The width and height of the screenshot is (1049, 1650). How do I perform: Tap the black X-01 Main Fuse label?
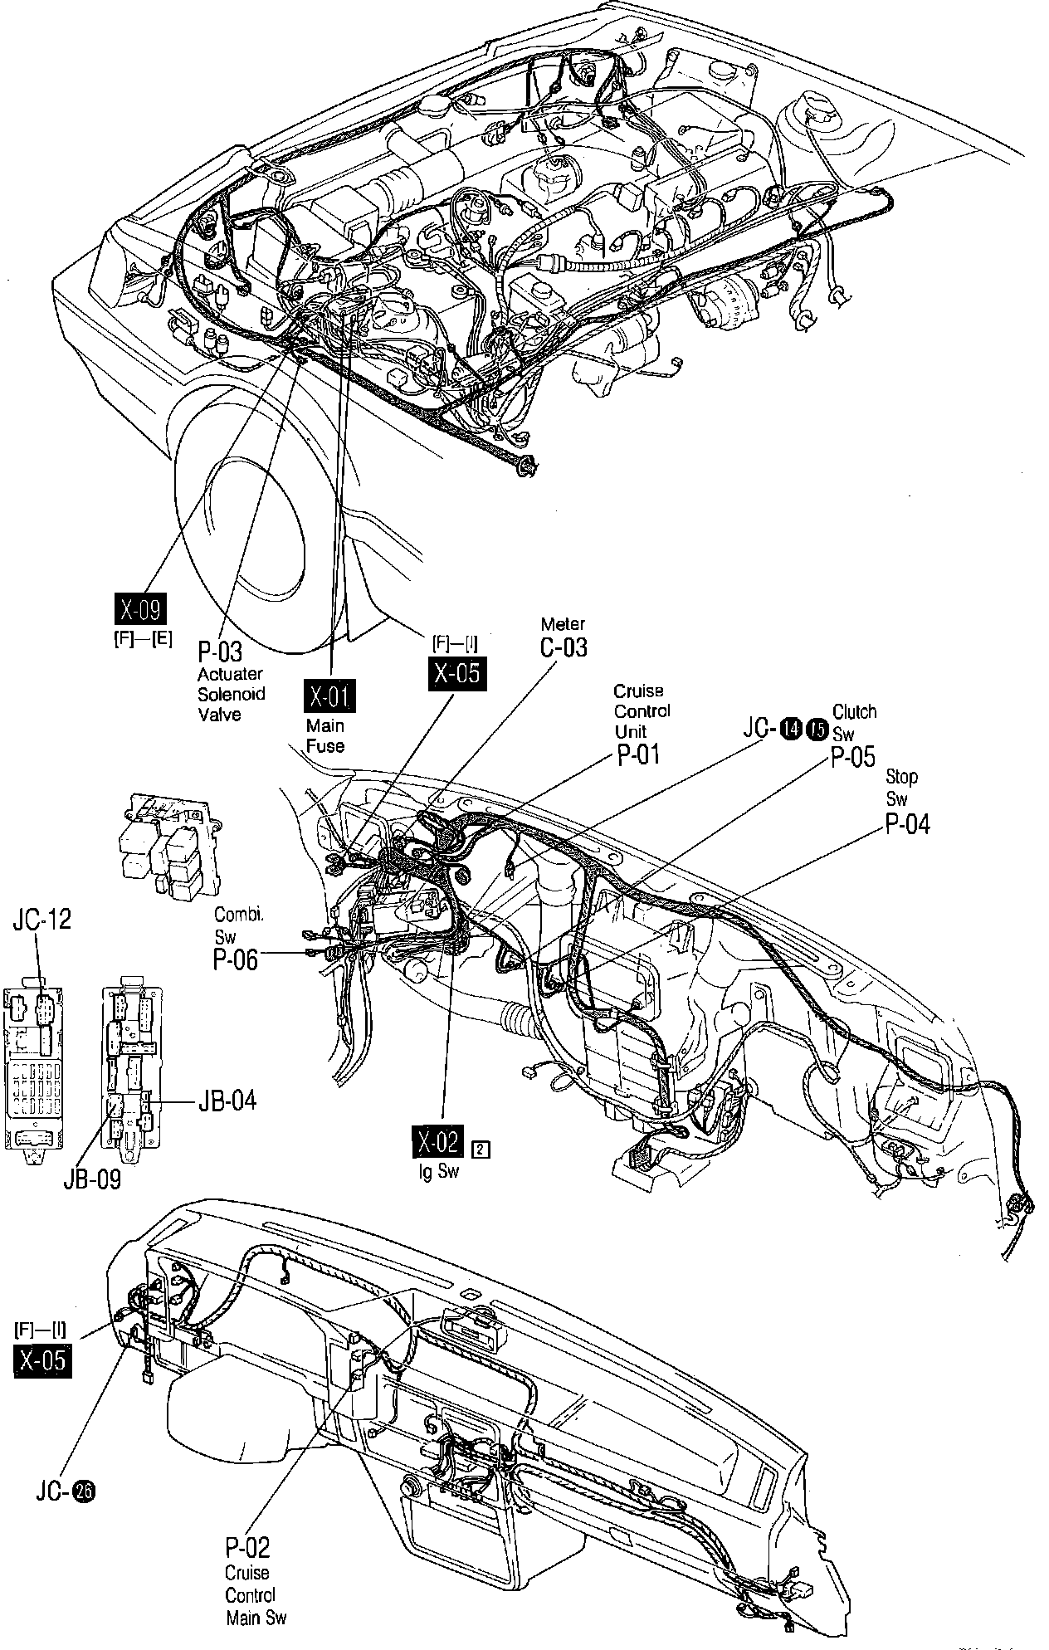330,696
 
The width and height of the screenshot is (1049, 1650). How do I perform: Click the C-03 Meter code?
563,647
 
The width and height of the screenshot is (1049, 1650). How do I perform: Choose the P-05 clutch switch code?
852,757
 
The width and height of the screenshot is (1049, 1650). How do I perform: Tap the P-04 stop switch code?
907,823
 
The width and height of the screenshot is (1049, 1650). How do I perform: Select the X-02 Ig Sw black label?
437,1143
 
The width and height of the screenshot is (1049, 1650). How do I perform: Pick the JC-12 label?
41,919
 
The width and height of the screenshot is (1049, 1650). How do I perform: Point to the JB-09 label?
92,1179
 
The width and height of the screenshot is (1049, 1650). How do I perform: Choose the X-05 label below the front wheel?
456,672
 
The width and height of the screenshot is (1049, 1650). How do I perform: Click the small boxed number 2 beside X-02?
480,1149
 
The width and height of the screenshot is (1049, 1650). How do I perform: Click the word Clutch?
854,712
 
